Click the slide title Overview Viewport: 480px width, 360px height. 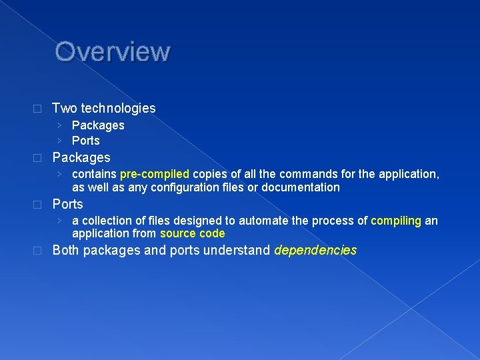click(113, 51)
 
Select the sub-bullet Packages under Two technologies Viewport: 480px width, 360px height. click(98, 125)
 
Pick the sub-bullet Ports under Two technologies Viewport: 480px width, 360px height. click(85, 141)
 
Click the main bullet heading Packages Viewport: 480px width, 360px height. click(81, 158)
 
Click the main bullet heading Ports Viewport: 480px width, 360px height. click(67, 204)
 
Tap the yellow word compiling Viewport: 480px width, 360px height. click(396, 221)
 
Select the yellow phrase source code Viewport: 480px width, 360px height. click(192, 233)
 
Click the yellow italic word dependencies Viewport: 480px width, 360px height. click(315, 251)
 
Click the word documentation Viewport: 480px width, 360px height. click(301, 187)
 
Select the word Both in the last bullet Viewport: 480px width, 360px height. click(66, 251)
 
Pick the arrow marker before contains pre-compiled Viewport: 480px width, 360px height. click(60, 174)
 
